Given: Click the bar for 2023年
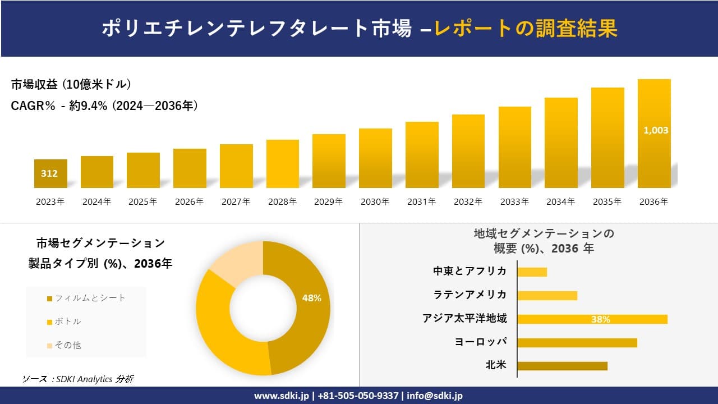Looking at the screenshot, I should coord(50,173).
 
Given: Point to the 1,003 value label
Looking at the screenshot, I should coord(655,130).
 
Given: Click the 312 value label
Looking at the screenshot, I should coord(49,173).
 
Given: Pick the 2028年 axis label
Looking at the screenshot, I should coord(282,201).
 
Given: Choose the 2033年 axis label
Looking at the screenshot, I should coord(514,201).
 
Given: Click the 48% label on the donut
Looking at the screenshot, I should coord(311,298).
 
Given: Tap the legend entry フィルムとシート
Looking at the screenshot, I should coord(90,298).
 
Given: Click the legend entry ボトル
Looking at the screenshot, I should coord(68,322).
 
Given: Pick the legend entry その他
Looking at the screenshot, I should coord(68,345).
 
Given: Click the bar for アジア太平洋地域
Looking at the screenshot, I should coord(592,319).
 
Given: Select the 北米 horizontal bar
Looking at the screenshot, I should coord(562,366).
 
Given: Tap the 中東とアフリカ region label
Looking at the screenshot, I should coord(470,271).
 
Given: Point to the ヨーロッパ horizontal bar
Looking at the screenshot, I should coord(577,342).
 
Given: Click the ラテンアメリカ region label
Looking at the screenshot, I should coord(470,295).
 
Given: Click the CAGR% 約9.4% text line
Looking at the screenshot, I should coord(104,105).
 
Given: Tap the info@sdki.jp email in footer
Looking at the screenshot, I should coord(435,396).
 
